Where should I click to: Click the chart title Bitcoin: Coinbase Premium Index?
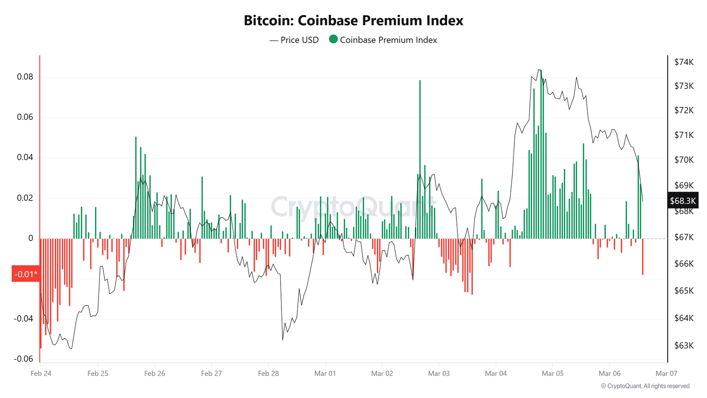click(353, 21)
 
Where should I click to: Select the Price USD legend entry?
click(294, 40)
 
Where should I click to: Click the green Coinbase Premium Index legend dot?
click(333, 39)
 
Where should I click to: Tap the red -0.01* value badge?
click(26, 274)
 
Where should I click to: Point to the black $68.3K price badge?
click(683, 201)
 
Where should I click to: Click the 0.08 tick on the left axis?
click(25, 77)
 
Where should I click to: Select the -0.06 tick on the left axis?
click(23, 359)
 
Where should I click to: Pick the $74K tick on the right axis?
click(684, 62)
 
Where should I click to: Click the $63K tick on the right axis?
click(684, 345)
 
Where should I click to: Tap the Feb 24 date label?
click(41, 374)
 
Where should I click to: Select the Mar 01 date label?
click(325, 374)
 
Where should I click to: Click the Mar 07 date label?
click(666, 374)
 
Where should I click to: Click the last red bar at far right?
click(642, 256)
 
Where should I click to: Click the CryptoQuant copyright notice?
click(645, 386)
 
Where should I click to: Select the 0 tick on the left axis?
click(30, 238)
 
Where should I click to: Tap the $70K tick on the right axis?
click(684, 160)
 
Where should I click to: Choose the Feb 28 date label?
click(268, 374)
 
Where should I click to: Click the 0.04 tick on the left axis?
click(25, 157)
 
